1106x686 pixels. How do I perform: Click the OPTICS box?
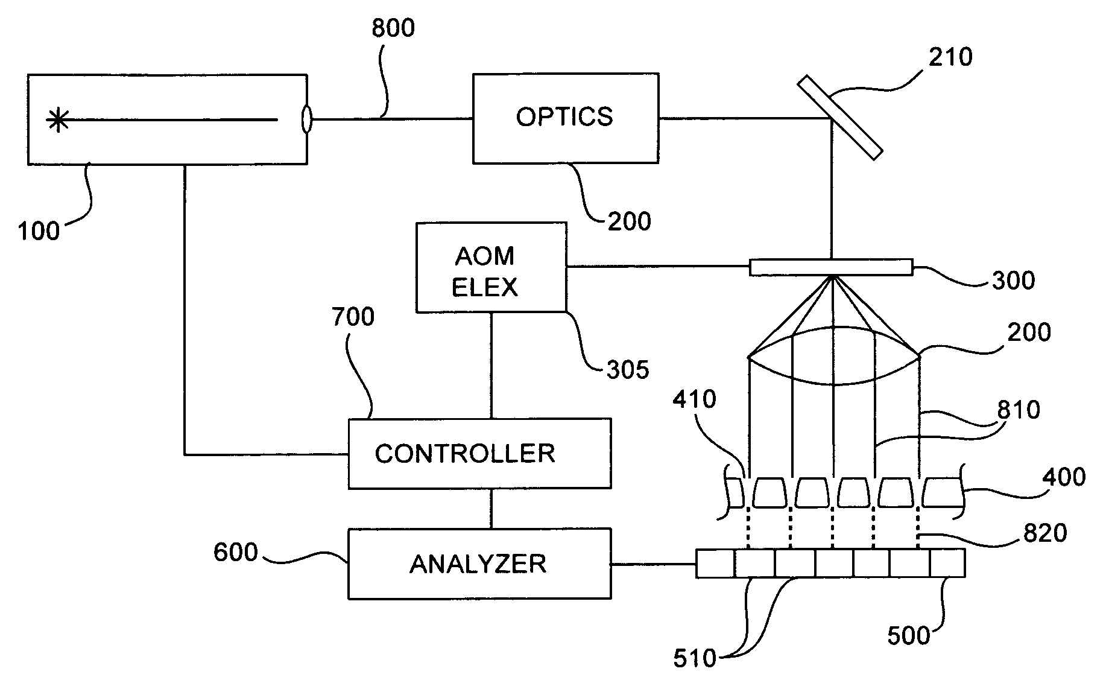tap(565, 118)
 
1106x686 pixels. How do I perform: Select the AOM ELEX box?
tap(491, 267)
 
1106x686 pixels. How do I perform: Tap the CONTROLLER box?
tap(479, 453)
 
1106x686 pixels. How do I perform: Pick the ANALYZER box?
tap(479, 564)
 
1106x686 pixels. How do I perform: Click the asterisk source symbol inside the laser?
tap(58, 120)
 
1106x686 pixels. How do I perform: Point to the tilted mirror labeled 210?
tap(840, 118)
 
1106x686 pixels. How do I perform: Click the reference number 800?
tap(393, 29)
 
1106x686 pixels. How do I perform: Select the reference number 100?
tap(39, 231)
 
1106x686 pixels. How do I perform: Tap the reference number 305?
tap(628, 370)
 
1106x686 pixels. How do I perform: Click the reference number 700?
tap(353, 317)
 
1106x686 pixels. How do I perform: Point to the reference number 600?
tap(235, 552)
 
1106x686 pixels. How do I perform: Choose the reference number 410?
tap(695, 399)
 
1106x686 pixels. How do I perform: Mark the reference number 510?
tap(695, 658)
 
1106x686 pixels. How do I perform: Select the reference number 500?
tap(909, 636)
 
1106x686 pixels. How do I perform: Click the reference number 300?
tap(1013, 281)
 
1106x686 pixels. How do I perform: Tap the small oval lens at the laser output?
tap(306, 119)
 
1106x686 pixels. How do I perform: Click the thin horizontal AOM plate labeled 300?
tap(831, 267)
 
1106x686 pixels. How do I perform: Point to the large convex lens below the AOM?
tap(833, 356)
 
